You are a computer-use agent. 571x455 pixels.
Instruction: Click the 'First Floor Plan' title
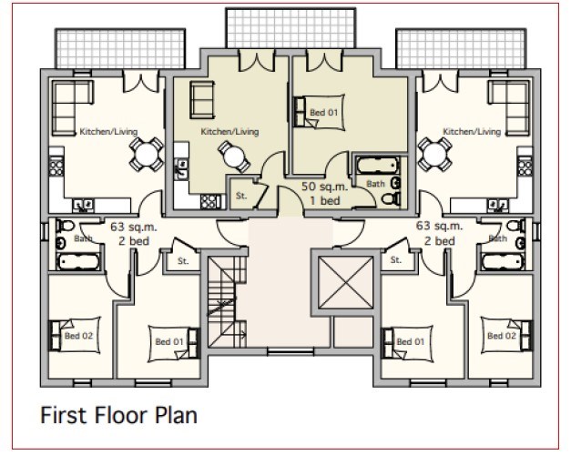[118, 415]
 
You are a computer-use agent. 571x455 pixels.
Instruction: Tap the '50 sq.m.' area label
[324, 187]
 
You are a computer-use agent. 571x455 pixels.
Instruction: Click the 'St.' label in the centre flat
[241, 196]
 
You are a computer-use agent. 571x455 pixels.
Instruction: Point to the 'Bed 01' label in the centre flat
[323, 113]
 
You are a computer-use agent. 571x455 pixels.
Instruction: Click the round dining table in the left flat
[146, 155]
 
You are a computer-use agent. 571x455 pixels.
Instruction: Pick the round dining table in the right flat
[434, 155]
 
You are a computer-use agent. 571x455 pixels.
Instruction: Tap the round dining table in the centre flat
[234, 157]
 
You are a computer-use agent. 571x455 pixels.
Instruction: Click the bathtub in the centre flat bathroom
[377, 166]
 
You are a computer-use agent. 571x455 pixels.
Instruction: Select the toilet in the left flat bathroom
[66, 226]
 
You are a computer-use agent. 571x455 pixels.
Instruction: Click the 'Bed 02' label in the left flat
[78, 336]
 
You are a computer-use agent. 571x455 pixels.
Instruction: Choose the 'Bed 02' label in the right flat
[502, 336]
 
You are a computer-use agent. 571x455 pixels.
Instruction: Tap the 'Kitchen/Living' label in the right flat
[472, 131]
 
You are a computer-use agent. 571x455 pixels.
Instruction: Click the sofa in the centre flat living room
[202, 100]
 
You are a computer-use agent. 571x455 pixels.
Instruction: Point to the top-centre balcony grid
[291, 28]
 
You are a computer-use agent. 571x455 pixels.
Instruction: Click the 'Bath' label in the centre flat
[375, 184]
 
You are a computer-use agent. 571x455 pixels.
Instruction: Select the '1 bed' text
[325, 200]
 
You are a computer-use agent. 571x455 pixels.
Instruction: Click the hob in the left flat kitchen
[56, 167]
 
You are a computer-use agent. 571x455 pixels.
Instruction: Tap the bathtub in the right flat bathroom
[503, 262]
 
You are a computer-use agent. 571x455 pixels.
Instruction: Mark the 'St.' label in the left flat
[183, 261]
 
